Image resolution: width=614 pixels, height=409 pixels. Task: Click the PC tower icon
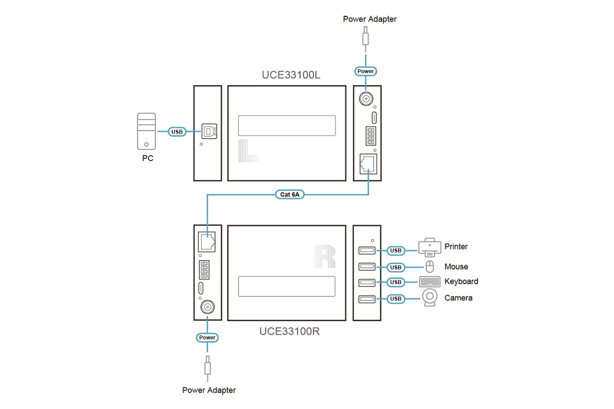click(x=146, y=131)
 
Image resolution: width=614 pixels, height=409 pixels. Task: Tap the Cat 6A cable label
click(x=289, y=194)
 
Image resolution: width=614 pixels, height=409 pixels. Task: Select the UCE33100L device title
click(x=291, y=75)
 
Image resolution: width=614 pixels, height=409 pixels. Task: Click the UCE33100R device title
click(x=289, y=331)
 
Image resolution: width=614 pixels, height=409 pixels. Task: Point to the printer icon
click(x=429, y=248)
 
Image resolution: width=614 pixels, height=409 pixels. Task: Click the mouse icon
click(x=430, y=267)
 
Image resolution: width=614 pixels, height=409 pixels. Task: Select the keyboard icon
click(x=430, y=281)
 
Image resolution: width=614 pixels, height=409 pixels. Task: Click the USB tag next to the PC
click(x=177, y=132)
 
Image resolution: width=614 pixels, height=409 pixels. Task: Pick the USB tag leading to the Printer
click(x=396, y=251)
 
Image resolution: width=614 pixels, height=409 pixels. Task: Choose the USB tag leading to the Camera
click(x=396, y=299)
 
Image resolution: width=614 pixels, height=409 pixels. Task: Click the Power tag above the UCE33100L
click(x=365, y=71)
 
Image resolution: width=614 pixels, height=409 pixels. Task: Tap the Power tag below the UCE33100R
click(x=207, y=338)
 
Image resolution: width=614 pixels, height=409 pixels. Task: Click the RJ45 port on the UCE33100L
click(x=368, y=164)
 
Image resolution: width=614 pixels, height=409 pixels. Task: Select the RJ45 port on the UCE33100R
click(x=207, y=242)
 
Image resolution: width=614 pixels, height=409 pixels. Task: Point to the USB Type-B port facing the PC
click(x=209, y=132)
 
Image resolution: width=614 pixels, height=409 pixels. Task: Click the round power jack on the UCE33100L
click(x=366, y=99)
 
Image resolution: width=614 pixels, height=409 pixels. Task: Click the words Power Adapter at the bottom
click(x=209, y=390)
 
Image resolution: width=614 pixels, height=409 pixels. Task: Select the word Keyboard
click(x=461, y=281)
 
